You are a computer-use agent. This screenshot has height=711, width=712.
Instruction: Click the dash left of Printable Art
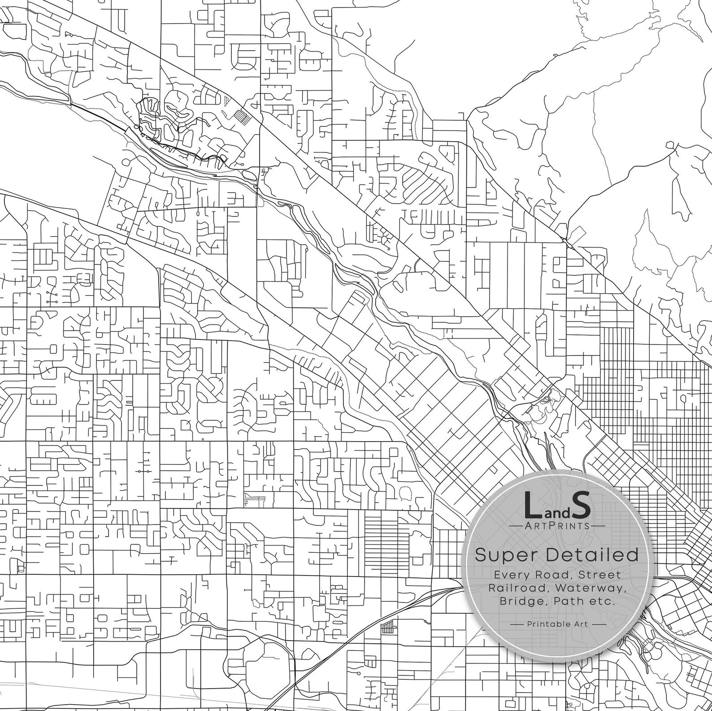[x=517, y=624]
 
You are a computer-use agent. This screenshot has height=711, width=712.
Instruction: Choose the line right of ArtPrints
[x=596, y=526]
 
